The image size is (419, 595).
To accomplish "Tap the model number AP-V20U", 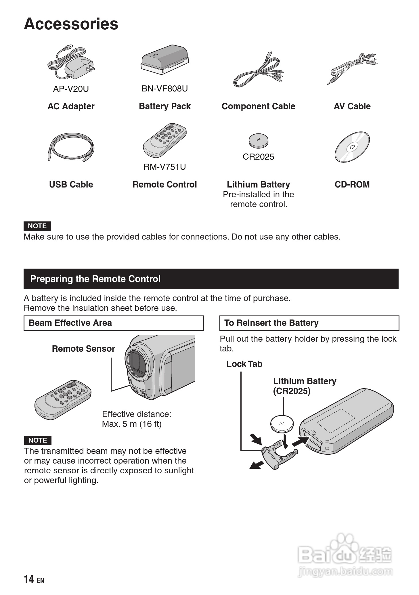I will pos(71,89).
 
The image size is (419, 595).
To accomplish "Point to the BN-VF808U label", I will pos(164,89).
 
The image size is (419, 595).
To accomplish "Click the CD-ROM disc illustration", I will pos(352,147).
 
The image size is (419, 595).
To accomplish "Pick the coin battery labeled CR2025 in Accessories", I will pos(258,140).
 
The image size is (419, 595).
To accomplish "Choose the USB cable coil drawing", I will pos(71,147).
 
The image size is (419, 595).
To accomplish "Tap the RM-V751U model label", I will pos(164,167).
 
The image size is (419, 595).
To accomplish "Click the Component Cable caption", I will pos(258,106).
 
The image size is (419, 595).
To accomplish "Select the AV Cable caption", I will pos(352,106).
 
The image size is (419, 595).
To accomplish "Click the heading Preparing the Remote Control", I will pos(95,279).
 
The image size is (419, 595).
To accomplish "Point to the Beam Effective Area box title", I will pos(70,323).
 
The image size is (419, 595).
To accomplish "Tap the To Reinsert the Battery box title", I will pos(271,323).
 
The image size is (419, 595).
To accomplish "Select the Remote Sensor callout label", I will pos(83,349).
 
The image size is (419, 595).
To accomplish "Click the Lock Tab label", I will pos(244,364).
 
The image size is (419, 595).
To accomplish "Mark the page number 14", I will pos(29,579).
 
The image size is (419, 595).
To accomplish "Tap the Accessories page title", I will pos(71,24).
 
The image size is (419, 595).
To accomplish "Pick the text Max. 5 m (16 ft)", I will pos(132,424).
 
